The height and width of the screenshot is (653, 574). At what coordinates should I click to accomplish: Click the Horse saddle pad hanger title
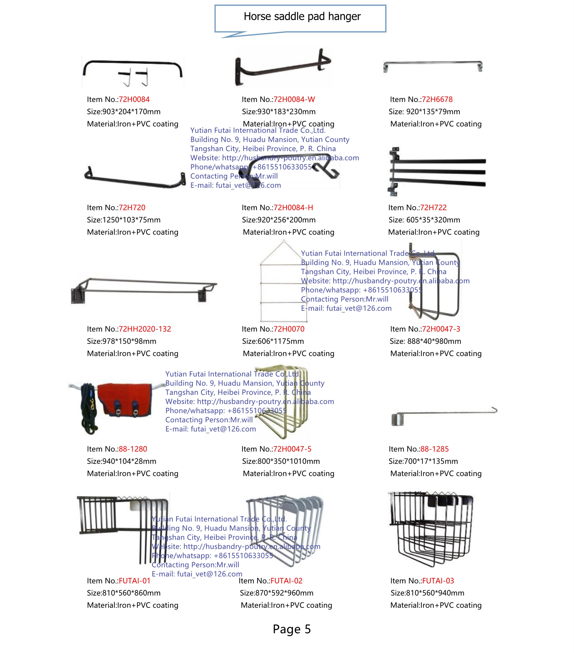pyautogui.click(x=302, y=17)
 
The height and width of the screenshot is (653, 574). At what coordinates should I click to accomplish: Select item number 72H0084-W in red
pyautogui.click(x=294, y=99)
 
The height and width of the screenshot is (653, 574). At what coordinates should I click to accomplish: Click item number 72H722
pyautogui.click(x=433, y=208)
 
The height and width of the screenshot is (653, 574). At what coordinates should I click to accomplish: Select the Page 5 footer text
pyautogui.click(x=291, y=629)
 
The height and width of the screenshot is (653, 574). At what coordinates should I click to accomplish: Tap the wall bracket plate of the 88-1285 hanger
pyautogui.click(x=397, y=419)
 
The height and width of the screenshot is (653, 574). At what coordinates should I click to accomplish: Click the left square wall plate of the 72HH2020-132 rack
pyautogui.click(x=78, y=296)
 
